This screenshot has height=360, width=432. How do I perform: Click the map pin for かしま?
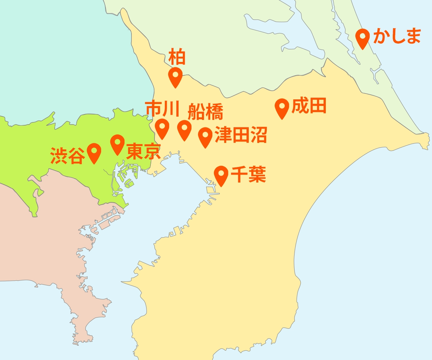pyautogui.click(x=363, y=37)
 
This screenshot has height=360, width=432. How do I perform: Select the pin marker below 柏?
pyautogui.click(x=175, y=76)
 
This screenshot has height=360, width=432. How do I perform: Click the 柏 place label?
pyautogui.click(x=177, y=58)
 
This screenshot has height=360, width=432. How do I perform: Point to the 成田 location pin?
pyautogui.click(x=282, y=107)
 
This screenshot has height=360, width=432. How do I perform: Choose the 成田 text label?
pyautogui.click(x=309, y=106)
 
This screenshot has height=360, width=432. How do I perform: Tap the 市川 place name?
pyautogui.click(x=162, y=109)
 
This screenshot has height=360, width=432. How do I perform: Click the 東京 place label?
pyautogui.click(x=143, y=152)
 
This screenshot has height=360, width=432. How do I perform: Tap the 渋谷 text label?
pyautogui.click(x=68, y=156)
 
